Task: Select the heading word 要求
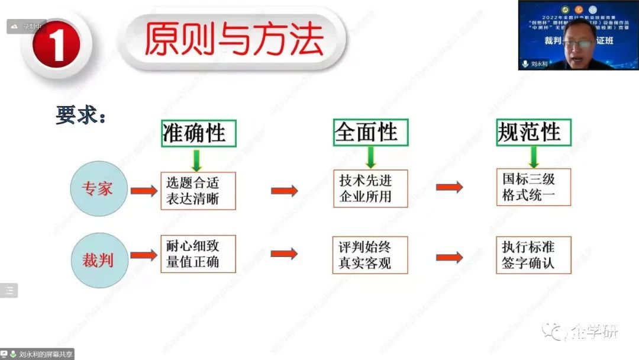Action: click(x=80, y=115)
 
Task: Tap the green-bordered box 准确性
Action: click(x=198, y=133)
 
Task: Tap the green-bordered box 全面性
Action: click(x=370, y=132)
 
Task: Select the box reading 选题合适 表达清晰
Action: click(x=198, y=191)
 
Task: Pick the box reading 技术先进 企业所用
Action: click(x=370, y=188)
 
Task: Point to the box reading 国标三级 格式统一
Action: click(x=533, y=187)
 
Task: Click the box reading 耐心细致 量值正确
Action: click(x=198, y=254)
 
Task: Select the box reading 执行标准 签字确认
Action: click(x=533, y=255)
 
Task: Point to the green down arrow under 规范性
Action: click(x=534, y=157)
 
